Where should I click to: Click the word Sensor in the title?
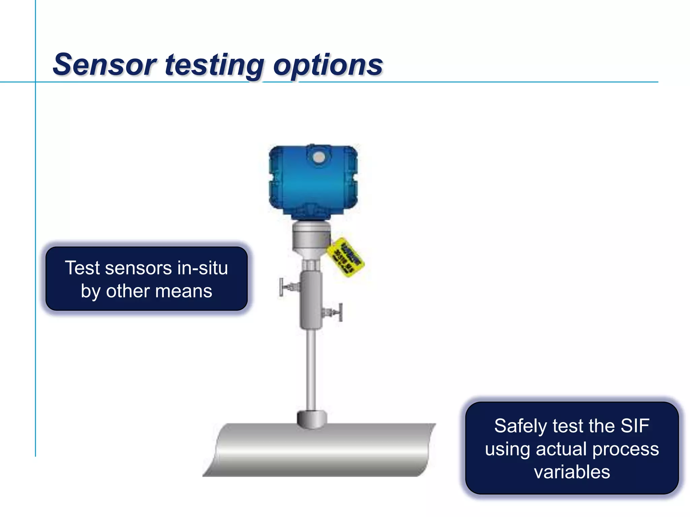click(105, 65)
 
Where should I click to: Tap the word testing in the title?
click(215, 66)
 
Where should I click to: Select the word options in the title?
click(328, 66)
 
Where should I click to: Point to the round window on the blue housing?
click(318, 157)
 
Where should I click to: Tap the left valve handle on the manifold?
click(282, 287)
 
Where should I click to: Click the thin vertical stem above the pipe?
click(311, 370)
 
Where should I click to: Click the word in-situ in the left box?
click(202, 268)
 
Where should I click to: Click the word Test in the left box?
click(82, 268)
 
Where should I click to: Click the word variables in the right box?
click(572, 472)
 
